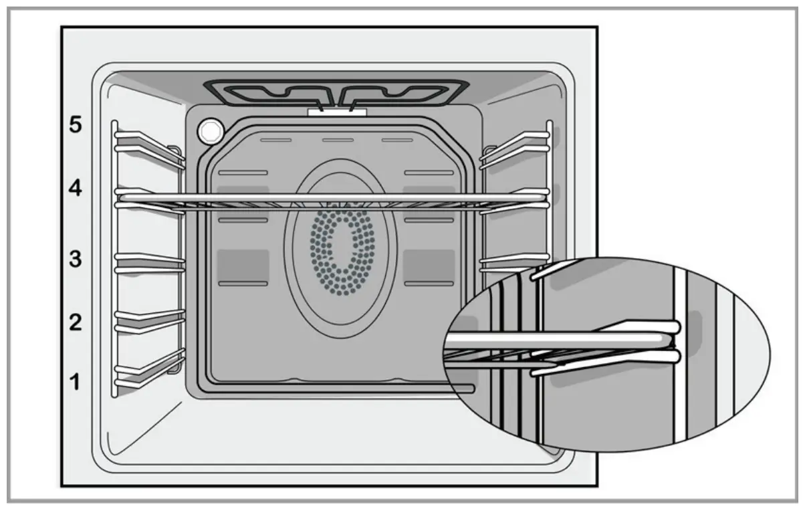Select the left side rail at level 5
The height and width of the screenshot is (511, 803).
coord(148,141)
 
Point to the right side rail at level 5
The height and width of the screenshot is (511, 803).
coord(515,141)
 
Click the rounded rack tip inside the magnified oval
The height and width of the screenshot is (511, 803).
coord(674,341)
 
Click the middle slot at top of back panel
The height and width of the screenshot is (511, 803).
coord(337,140)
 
